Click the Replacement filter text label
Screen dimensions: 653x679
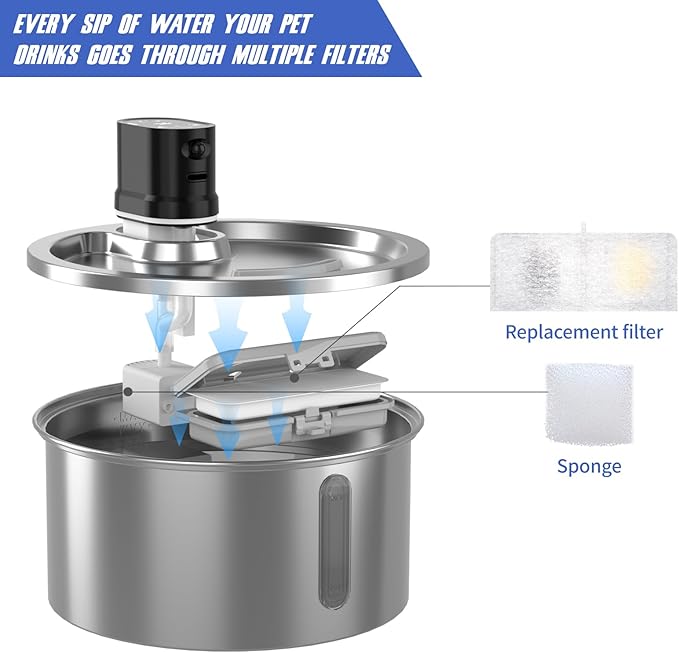click(x=584, y=332)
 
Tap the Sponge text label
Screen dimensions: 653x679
click(x=589, y=466)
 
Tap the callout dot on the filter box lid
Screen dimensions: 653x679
click(x=296, y=378)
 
